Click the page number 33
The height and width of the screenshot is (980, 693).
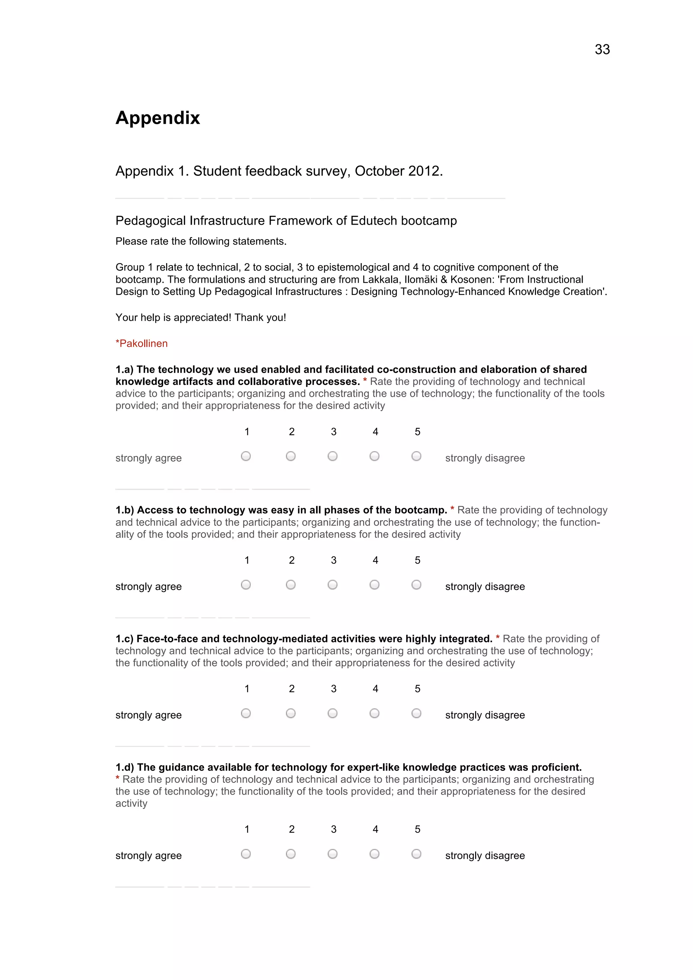602,49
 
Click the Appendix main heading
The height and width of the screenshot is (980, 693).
158,118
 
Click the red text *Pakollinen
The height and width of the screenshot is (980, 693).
141,344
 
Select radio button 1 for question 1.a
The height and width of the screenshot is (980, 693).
246,456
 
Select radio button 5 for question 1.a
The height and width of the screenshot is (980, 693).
416,456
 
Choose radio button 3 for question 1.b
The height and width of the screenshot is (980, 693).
333,585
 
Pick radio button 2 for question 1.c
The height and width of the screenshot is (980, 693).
291,713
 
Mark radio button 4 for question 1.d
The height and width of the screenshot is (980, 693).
375,854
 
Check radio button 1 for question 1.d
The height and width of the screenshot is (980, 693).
246,854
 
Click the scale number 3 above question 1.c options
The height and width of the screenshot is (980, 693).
334,688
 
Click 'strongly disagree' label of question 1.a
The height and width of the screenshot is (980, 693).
485,458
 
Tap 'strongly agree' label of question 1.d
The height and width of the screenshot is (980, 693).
148,856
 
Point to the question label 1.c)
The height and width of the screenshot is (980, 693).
124,639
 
